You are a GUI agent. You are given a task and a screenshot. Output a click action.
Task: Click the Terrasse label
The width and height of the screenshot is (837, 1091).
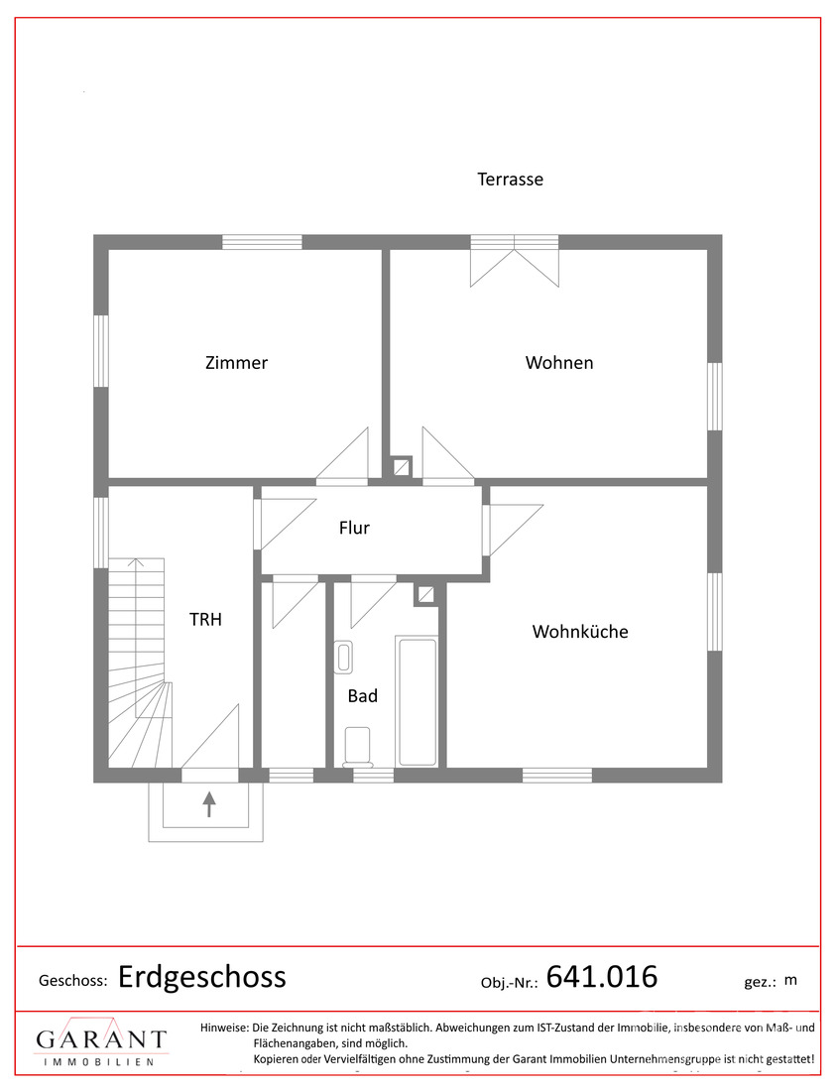point(510,180)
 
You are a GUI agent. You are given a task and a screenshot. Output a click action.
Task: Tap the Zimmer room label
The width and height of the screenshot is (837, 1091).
point(237,362)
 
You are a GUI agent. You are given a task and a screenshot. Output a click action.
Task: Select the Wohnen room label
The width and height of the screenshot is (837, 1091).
point(559,362)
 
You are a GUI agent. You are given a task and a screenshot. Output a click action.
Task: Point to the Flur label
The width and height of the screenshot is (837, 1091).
point(354,528)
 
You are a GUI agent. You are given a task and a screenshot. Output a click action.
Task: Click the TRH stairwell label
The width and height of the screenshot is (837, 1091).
point(205,619)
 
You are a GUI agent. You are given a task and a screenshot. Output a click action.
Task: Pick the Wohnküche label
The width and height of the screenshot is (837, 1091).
point(580,632)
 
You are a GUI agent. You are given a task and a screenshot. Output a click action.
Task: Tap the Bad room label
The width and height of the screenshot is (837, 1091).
point(363,696)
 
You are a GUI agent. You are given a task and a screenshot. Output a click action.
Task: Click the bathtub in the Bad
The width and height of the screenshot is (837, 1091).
point(418,701)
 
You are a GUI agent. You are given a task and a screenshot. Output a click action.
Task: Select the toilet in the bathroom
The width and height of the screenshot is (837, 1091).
point(358,747)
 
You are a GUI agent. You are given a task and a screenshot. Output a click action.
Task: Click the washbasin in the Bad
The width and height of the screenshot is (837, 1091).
point(344,657)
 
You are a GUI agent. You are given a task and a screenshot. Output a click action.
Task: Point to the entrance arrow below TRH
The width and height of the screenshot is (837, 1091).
point(208,803)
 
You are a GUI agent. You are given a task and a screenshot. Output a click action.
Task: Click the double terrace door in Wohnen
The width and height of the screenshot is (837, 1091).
point(515,261)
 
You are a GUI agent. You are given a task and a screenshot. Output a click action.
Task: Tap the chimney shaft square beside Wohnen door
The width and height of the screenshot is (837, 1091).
point(402,467)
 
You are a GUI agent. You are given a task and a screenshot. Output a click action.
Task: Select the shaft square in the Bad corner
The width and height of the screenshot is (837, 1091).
point(425,595)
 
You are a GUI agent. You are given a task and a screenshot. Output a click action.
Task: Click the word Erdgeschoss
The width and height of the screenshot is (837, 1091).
point(201,978)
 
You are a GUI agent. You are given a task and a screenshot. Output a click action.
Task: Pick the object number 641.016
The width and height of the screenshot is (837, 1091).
point(602,977)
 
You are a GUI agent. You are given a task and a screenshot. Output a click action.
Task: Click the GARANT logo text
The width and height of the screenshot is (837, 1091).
point(101,1039)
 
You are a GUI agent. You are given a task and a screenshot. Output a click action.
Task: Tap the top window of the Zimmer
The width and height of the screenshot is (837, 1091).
point(262,242)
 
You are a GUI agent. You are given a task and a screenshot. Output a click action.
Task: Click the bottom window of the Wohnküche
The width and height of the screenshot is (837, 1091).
point(557,776)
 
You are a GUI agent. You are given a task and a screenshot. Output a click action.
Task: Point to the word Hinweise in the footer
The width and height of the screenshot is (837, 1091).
point(224,1028)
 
